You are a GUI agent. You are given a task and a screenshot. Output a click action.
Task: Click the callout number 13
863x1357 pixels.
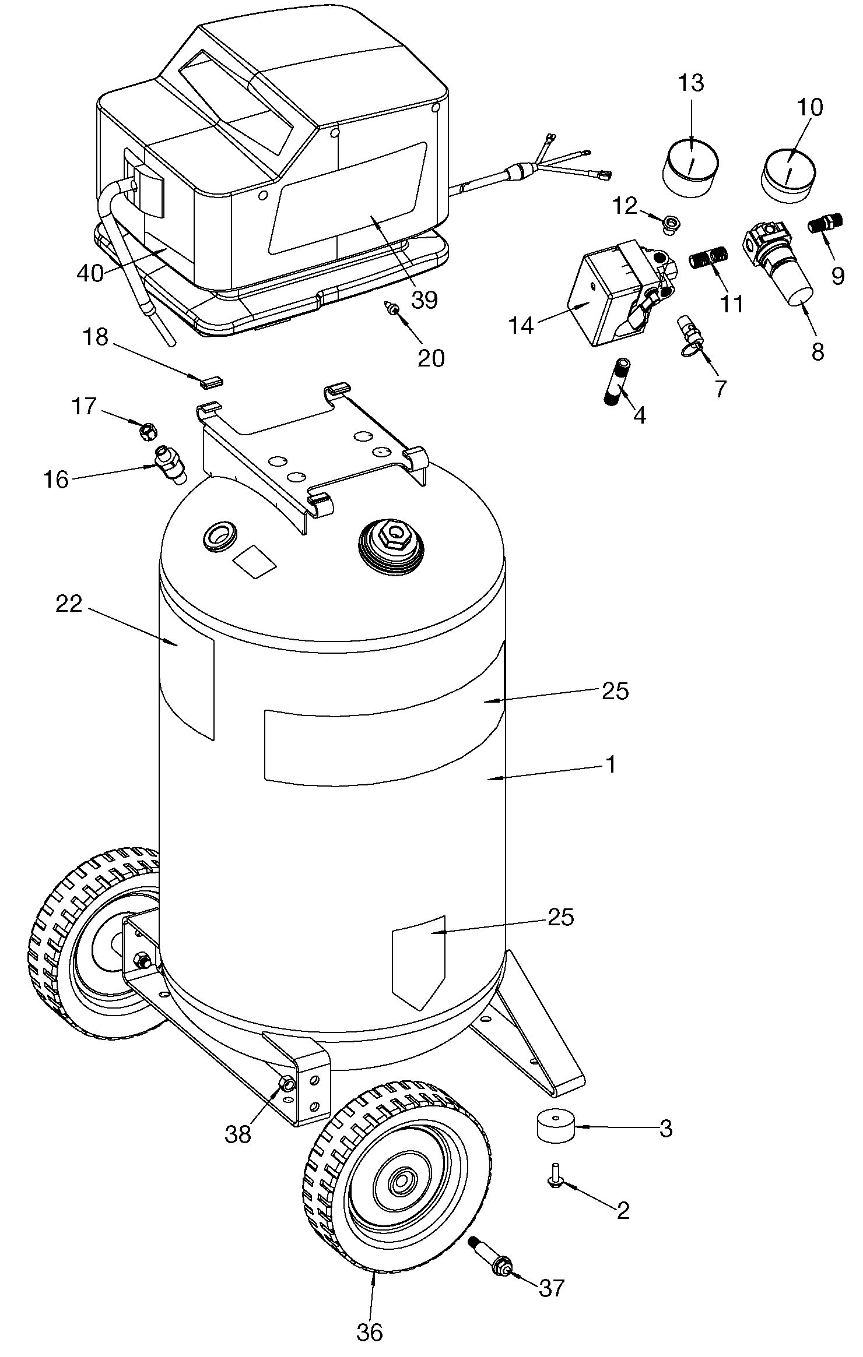point(691,83)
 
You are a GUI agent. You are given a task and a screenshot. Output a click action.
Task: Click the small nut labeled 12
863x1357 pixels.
point(672,223)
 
